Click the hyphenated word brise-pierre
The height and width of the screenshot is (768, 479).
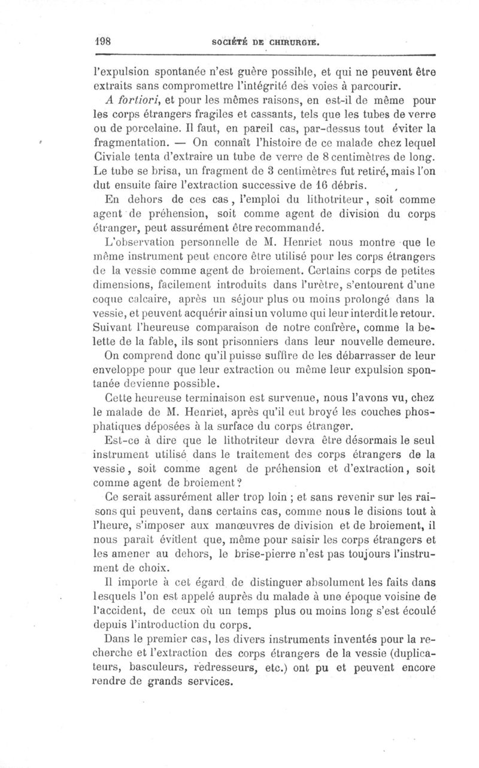pyautogui.click(x=277, y=553)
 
